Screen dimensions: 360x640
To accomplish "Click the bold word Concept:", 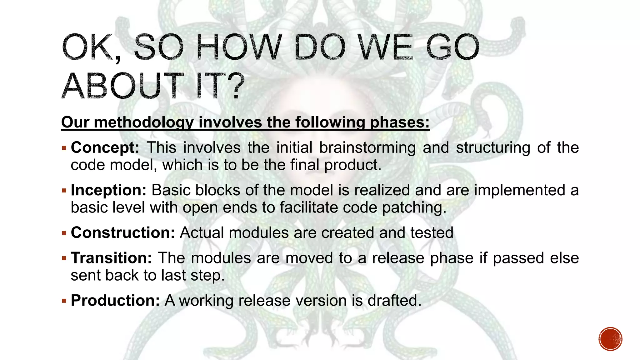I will [105, 148].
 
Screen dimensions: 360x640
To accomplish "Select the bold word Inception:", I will [108, 190].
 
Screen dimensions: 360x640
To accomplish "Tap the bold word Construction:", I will [123, 233].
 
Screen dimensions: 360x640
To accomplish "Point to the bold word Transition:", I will [111, 258].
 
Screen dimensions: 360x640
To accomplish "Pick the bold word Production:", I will [115, 301].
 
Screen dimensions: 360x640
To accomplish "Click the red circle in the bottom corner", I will [610, 339].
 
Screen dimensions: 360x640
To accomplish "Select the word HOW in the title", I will [239, 47].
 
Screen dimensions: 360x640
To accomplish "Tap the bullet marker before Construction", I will [64, 233].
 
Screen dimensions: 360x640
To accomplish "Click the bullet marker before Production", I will [64, 301].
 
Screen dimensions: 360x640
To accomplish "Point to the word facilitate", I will [308, 208].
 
